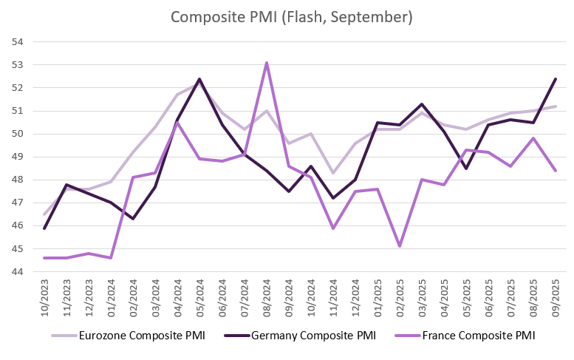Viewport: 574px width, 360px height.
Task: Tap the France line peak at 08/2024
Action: pos(266,63)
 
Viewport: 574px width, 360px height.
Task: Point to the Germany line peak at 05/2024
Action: pos(199,79)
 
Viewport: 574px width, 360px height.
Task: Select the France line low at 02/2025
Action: pos(400,245)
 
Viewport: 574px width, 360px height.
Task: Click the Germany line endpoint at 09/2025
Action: pos(555,79)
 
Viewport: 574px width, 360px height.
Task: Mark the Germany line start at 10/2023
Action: pos(44,228)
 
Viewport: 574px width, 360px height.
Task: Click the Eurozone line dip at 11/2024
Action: pos(332,173)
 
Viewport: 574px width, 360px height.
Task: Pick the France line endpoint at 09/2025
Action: pos(555,171)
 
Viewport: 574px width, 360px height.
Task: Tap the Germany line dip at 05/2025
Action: pos(466,169)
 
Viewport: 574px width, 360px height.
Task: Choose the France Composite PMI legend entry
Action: pos(473,336)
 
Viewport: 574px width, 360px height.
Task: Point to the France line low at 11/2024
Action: pos(332,228)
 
